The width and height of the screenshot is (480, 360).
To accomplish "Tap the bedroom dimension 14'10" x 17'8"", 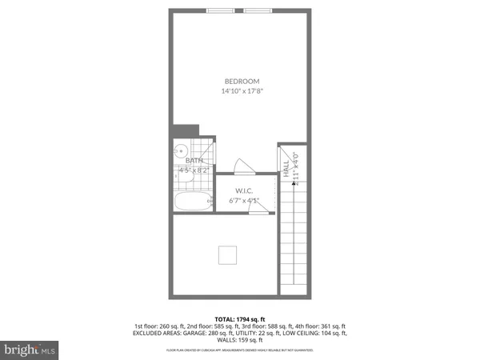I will (x=242, y=91).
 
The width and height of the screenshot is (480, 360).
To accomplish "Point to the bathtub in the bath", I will (x=191, y=202).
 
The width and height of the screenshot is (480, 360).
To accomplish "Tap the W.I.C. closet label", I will (x=244, y=190).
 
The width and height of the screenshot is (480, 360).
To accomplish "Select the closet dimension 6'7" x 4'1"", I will (x=244, y=200).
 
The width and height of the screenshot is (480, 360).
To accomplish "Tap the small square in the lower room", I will (x=228, y=254).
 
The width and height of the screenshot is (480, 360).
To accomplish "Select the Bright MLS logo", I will (x=30, y=349).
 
